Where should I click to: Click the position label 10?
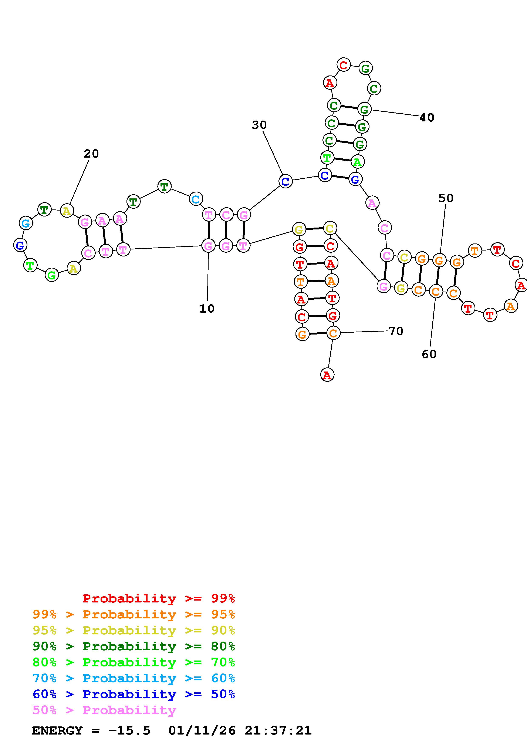coord(207,308)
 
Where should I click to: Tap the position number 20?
coord(91,154)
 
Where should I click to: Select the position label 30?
coord(259,125)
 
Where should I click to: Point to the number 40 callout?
coord(427,118)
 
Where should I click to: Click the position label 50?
coord(446,198)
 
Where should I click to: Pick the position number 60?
coord(429,354)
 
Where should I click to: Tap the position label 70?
coord(396,331)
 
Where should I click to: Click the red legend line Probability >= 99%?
coord(159,598)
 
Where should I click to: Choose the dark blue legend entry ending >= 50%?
coord(134,694)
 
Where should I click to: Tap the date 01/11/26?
coord(202,730)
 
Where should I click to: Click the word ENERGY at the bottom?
coord(57,730)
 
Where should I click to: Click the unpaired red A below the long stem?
coord(327,375)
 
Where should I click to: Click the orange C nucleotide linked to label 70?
coord(333,333)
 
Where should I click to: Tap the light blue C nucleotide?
coord(196,199)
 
